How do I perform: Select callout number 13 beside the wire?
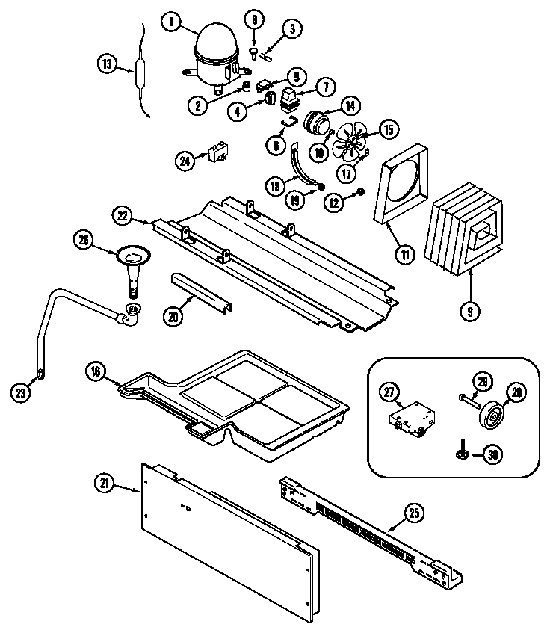107,64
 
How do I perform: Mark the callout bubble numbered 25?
414,513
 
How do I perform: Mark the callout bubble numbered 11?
404,255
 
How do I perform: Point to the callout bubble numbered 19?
297,200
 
